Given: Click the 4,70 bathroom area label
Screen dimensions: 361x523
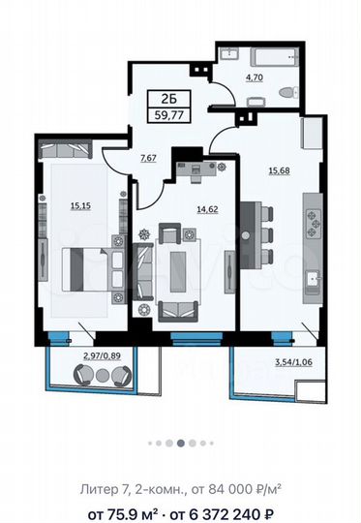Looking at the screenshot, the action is [255, 77].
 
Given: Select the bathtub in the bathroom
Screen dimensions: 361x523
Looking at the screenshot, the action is [275, 59].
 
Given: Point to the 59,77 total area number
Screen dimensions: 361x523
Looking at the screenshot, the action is [169, 116].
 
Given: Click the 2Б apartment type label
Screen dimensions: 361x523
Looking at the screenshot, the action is [169, 99].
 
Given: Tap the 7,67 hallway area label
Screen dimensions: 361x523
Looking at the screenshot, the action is [148, 158].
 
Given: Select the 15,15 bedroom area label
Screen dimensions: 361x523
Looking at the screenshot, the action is [80, 205].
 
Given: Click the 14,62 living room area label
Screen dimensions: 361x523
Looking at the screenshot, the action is [207, 209].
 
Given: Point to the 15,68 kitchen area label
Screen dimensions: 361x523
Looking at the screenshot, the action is [280, 170].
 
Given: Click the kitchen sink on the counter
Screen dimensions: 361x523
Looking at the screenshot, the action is [313, 279].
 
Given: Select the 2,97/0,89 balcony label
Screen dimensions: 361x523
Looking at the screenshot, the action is [102, 355].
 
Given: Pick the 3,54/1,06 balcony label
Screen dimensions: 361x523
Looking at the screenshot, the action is [293, 362].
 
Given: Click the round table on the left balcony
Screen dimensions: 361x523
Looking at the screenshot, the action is [103, 376].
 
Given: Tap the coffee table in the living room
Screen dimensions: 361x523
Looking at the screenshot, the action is [178, 272].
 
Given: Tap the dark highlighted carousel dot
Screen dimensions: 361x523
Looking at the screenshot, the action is [181, 443].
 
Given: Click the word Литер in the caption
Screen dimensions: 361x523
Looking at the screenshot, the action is [98, 490].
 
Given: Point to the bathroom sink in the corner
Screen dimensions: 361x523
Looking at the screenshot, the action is [228, 54].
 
